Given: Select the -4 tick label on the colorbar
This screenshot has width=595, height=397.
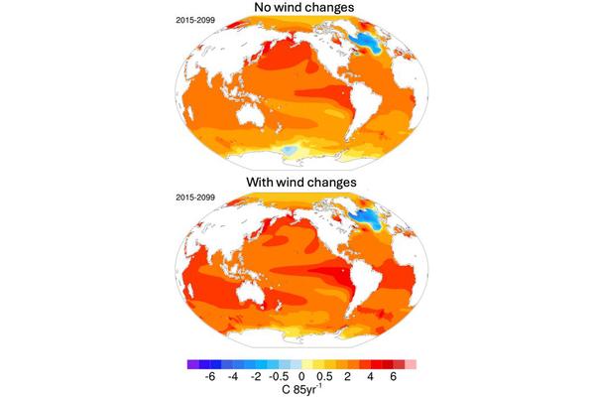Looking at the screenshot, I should [232, 377].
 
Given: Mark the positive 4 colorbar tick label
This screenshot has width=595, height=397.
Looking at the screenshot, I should [370, 377].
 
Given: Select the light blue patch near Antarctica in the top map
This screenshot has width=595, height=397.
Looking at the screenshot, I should [287, 150].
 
